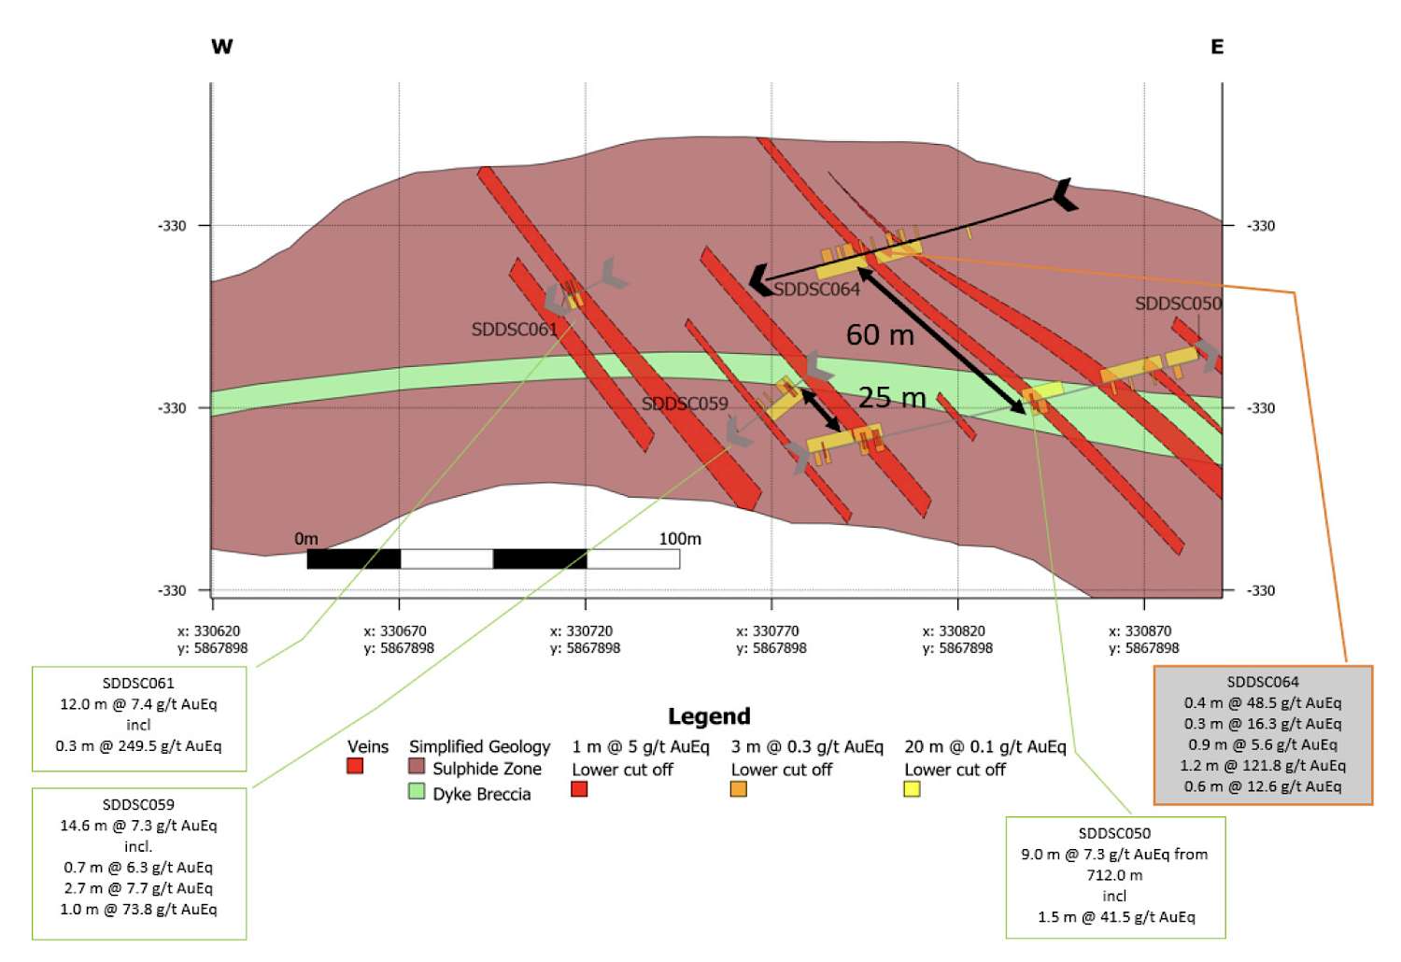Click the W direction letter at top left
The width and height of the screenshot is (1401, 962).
[x=222, y=47]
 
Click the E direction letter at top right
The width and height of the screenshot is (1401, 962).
[x=1216, y=47]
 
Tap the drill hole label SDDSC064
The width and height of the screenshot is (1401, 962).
[x=817, y=290]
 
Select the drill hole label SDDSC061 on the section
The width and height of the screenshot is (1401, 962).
[x=514, y=330]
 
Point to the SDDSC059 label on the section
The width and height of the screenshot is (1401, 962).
[x=685, y=404]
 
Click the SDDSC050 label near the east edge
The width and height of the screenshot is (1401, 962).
[x=1179, y=304]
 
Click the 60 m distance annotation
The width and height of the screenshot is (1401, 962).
[x=880, y=335]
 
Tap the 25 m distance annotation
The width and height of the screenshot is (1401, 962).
[x=892, y=398]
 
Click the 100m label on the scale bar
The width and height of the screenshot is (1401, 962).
[x=680, y=539]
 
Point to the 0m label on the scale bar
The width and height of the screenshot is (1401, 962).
[x=306, y=539]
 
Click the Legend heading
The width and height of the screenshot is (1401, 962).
[x=709, y=716]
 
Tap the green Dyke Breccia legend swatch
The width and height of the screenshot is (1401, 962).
[x=417, y=791]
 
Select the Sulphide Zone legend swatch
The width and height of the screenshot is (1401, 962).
[x=417, y=766]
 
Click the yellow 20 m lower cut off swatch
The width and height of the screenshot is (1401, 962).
[x=912, y=790]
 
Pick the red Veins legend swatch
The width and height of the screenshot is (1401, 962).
[x=355, y=766]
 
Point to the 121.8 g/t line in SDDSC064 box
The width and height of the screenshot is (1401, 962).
[x=1263, y=766]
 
